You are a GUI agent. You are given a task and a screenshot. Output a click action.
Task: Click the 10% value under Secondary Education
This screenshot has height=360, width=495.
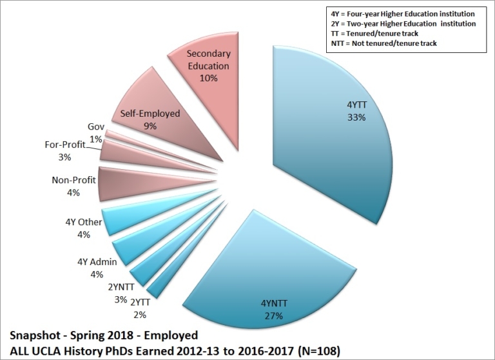209,77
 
